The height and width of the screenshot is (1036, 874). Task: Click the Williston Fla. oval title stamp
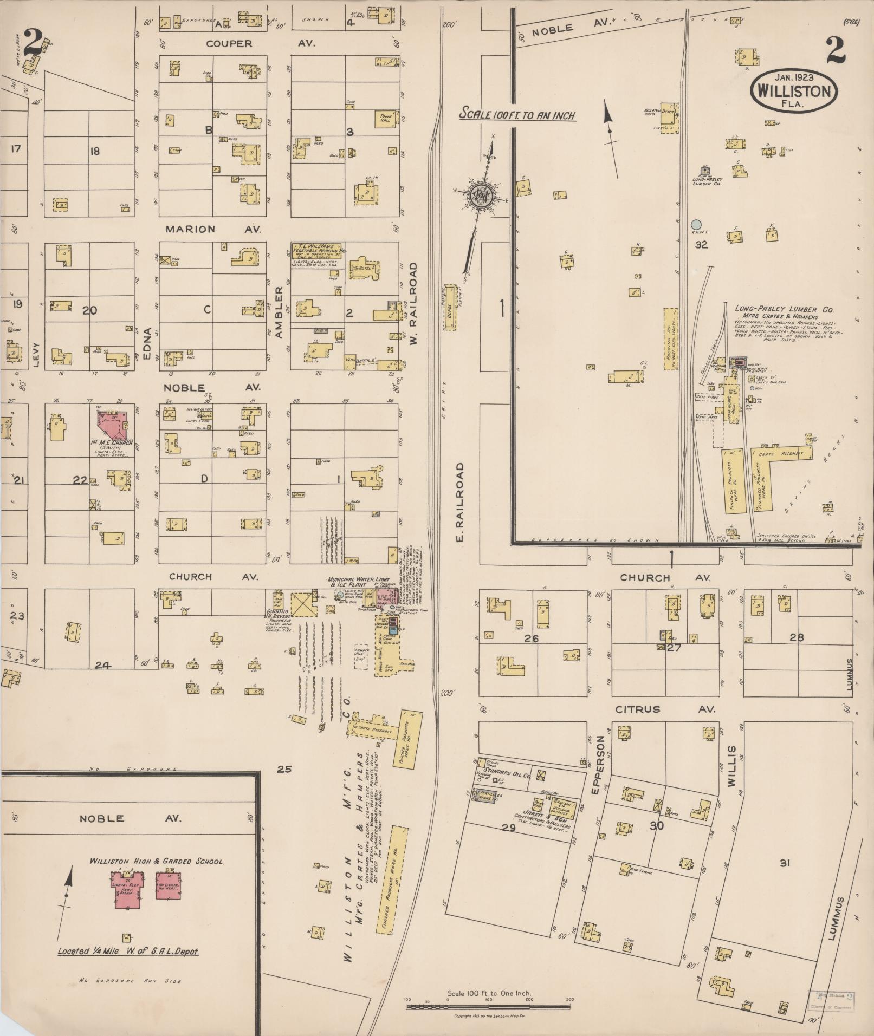coord(794,90)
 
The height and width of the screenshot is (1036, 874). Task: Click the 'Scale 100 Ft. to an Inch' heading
coord(517,115)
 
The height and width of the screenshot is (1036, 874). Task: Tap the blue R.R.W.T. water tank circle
coord(696,224)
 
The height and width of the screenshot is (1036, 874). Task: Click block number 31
coord(785,863)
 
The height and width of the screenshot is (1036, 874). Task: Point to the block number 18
coord(95,151)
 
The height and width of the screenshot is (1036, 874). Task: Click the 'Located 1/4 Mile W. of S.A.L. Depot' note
coord(128,952)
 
